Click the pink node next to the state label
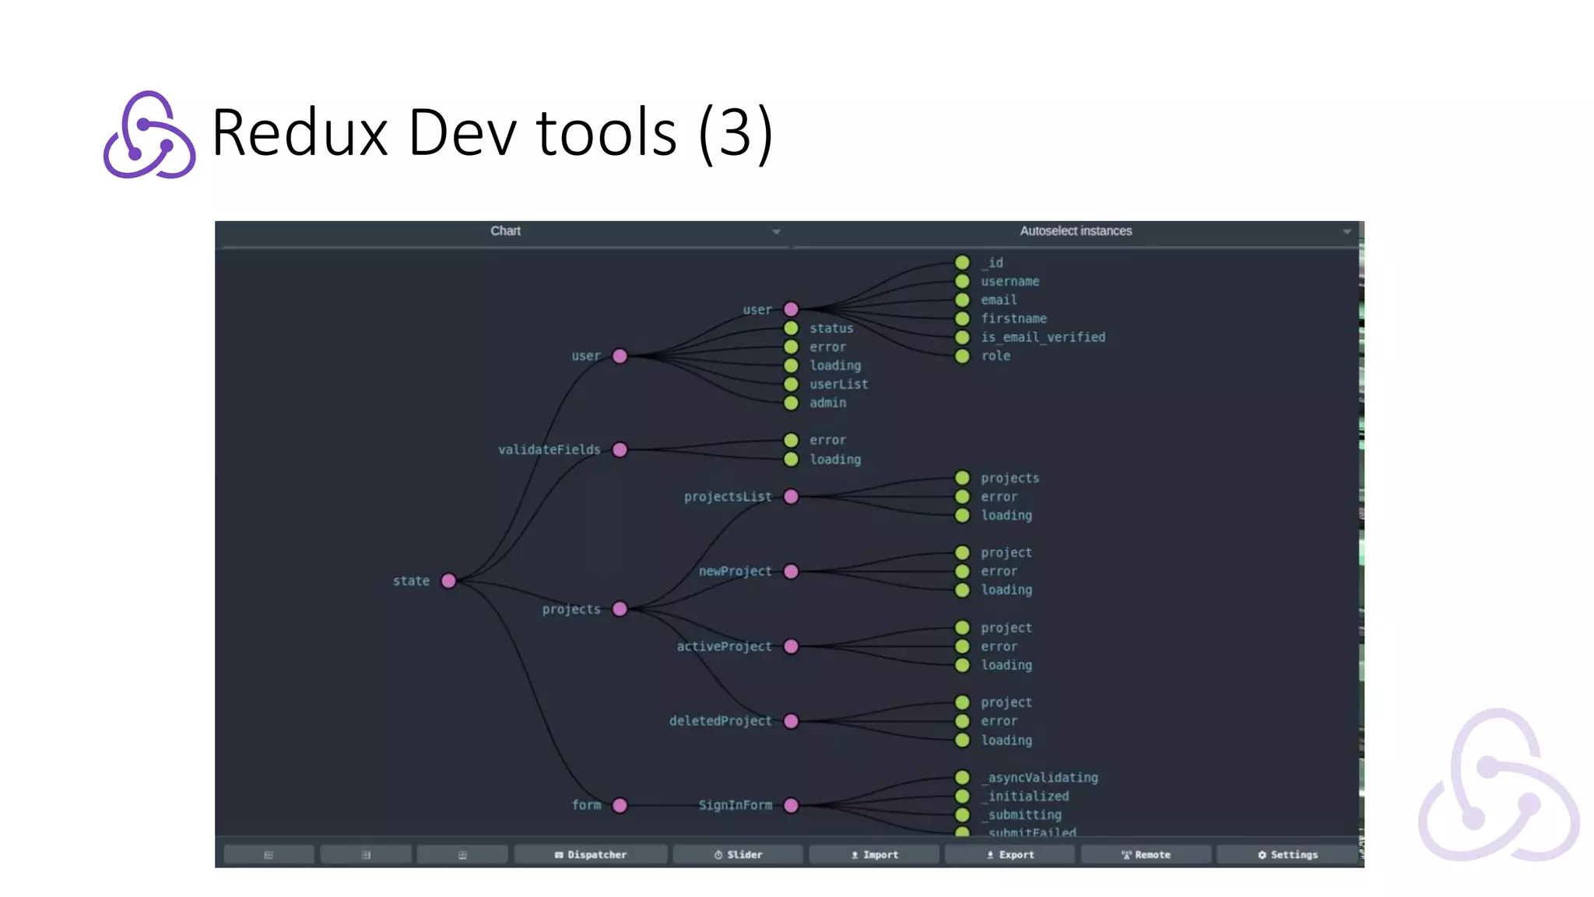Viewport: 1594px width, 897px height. (x=448, y=581)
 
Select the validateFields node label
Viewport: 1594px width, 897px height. (x=549, y=450)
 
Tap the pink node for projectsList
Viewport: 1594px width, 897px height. (x=791, y=497)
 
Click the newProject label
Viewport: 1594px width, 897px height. (x=735, y=572)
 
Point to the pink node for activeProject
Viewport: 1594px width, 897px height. (x=791, y=646)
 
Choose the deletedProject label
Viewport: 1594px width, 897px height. (x=720, y=721)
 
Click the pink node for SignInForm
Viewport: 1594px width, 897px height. (x=791, y=805)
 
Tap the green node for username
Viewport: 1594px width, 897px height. (x=962, y=282)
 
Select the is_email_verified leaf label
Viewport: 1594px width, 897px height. (x=1043, y=337)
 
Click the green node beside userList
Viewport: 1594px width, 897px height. (x=791, y=385)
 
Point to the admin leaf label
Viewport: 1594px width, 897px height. (x=827, y=403)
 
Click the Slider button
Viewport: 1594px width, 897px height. (x=738, y=855)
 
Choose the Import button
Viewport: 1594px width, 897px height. (x=874, y=855)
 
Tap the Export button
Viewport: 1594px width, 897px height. (x=1009, y=855)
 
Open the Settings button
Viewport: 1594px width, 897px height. (x=1287, y=855)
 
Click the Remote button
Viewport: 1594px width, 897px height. (x=1146, y=855)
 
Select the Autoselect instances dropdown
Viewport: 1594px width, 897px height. (x=1076, y=231)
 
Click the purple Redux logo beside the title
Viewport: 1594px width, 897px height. (x=149, y=135)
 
